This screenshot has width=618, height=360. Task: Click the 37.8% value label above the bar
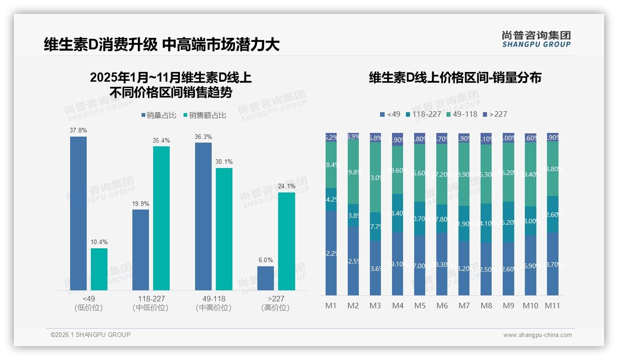(x=78, y=131)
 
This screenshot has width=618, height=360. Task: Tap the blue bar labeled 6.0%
(x=266, y=278)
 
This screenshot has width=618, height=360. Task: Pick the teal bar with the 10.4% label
(x=99, y=269)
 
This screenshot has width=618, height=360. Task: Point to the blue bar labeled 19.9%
(x=141, y=250)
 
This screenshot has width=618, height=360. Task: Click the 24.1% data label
(x=287, y=186)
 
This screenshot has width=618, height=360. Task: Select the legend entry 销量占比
(x=158, y=115)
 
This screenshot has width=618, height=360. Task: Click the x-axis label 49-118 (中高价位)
(x=214, y=303)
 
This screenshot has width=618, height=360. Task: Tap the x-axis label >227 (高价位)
(x=275, y=303)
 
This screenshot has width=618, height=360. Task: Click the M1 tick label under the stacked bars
(x=331, y=306)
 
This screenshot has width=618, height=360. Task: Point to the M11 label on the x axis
(x=553, y=306)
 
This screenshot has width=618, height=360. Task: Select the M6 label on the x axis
(x=442, y=306)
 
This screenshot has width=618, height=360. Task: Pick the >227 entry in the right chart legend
(x=495, y=114)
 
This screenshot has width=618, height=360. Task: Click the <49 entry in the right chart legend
(x=390, y=114)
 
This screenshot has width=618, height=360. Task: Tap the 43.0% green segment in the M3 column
(x=375, y=177)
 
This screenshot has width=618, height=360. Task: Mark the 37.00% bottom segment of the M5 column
(x=420, y=265)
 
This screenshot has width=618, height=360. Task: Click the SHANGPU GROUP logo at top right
(x=536, y=39)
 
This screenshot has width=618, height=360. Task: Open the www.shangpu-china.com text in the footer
(x=537, y=335)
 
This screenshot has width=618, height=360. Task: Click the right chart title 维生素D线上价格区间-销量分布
(x=455, y=78)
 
